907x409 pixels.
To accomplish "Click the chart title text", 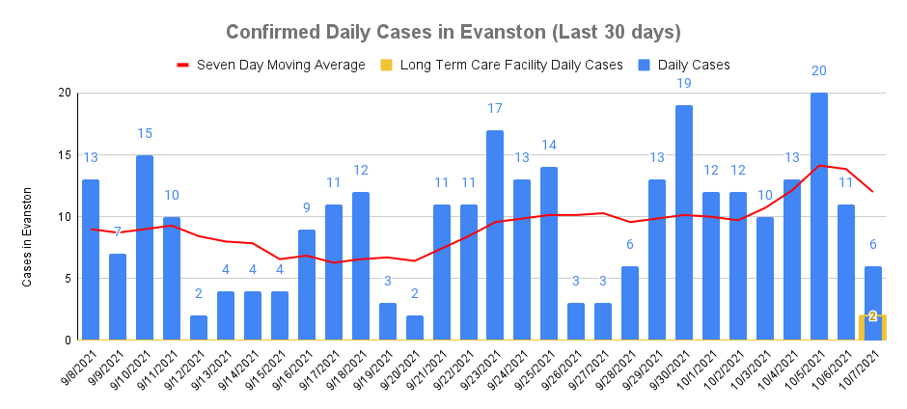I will pos(453,32).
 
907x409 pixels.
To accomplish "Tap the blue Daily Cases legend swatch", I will pos(645,65).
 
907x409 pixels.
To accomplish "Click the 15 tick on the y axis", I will pos(65,154).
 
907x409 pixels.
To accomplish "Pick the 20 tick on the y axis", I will pos(65,93).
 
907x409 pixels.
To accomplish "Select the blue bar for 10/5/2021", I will pos(819,216).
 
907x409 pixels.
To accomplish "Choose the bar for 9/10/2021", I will pos(145,247).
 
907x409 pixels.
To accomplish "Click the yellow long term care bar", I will pos(872,327).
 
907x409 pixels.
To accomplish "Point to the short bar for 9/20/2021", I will pos(414,328).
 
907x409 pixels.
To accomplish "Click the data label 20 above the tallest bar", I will pos(819,71).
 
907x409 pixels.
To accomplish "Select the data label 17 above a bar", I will pos(495,108).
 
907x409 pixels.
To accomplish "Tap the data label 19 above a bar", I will pos(684,84).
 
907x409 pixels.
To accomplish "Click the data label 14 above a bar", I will pos(549,146).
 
